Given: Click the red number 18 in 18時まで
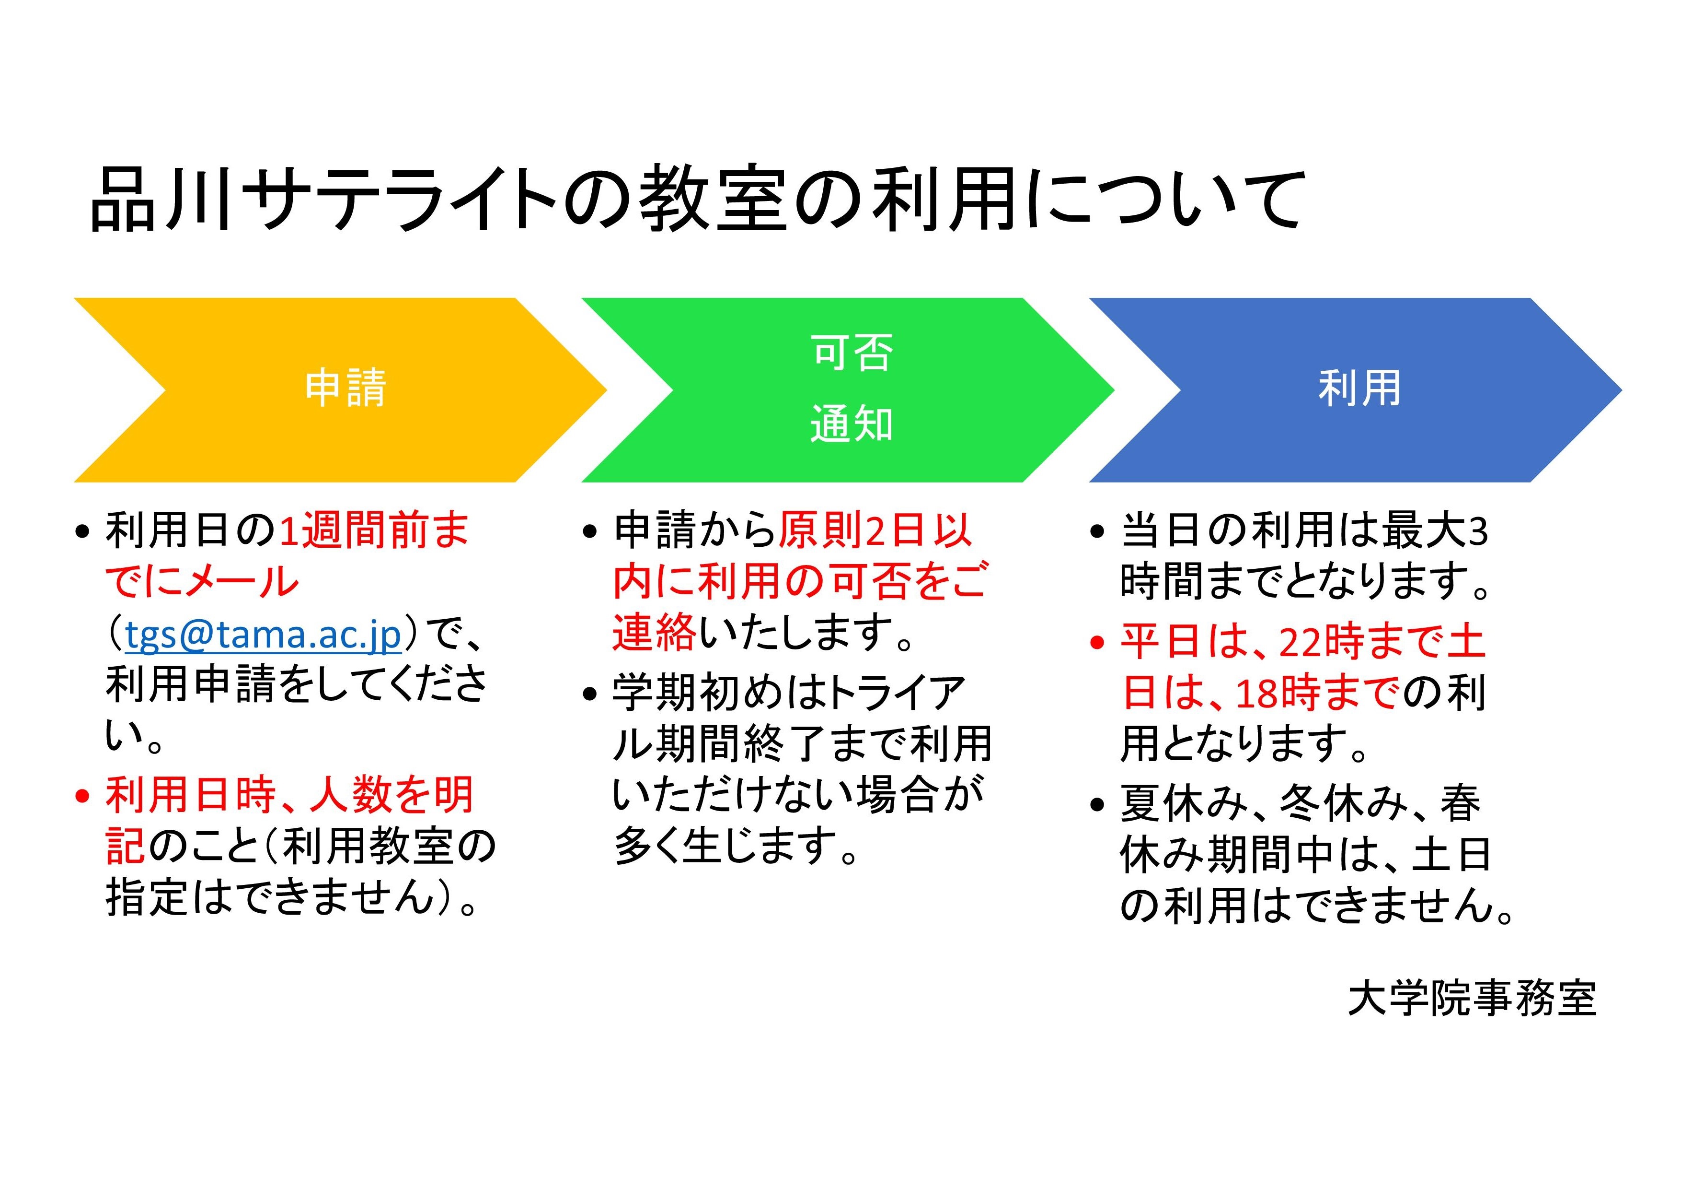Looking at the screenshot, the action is pos(1258,693).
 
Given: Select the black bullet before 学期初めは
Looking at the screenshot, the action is pos(590,694).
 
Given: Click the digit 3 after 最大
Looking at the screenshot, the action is pos(1478,531).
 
